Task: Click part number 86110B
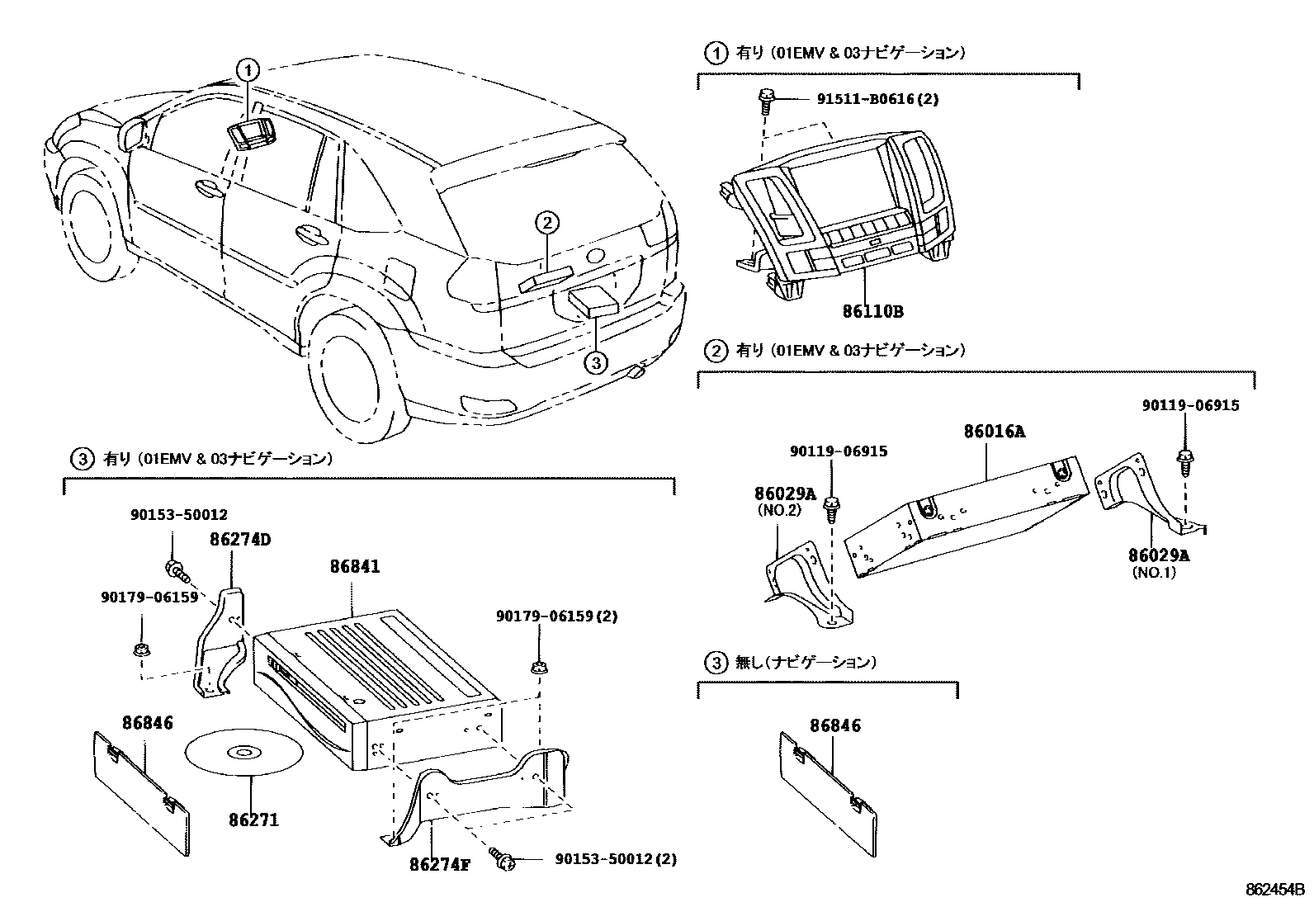pyautogui.click(x=872, y=312)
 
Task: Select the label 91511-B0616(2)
pyautogui.click(x=878, y=100)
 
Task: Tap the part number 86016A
pyautogui.click(x=995, y=431)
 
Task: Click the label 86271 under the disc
pyautogui.click(x=253, y=820)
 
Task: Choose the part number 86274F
pyautogui.click(x=439, y=865)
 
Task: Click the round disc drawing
pyautogui.click(x=243, y=752)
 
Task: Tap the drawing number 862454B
pyautogui.click(x=1274, y=890)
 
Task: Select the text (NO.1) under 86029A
pyautogui.click(x=1152, y=572)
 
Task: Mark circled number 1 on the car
pyautogui.click(x=249, y=69)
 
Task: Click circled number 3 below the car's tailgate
pyautogui.click(x=596, y=361)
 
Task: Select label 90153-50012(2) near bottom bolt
pyautogui.click(x=616, y=859)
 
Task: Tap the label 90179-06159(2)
pyautogui.click(x=568, y=616)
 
